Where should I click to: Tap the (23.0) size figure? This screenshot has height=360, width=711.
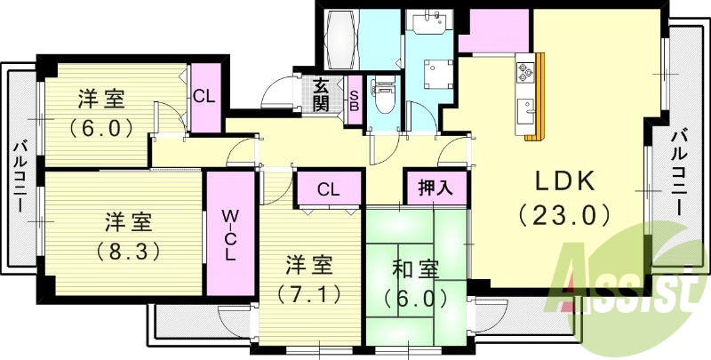coord(563,214)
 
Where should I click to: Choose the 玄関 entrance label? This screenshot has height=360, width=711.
coord(321,95)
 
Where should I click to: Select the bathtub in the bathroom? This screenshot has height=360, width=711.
coord(341,39)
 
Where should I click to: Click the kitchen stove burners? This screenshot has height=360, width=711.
coord(523,67)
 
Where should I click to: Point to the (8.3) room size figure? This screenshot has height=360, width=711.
coord(129,251)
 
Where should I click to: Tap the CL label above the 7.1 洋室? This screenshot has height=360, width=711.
coord(328,189)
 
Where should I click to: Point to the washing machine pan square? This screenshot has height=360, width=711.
coord(435,71)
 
